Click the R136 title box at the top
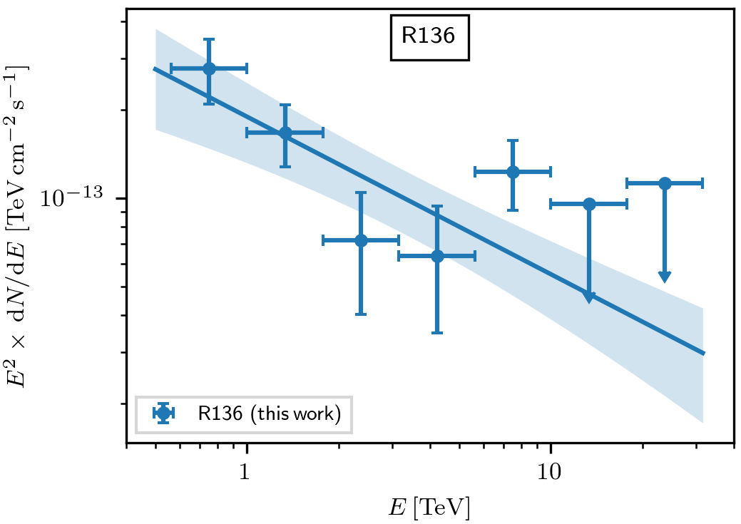[429, 37]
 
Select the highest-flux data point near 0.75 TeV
[209, 68]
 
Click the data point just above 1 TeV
[285, 133]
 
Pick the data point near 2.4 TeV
[361, 240]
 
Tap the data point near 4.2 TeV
[437, 256]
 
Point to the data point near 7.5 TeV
[513, 172]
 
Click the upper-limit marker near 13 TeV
[589, 204]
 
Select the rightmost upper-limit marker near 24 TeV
[665, 183]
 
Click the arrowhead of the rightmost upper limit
[665, 277]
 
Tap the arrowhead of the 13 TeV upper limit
[589, 297]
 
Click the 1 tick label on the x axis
[247, 473]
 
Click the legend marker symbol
[164, 413]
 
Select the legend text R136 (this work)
[269, 414]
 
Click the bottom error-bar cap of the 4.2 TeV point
[437, 332]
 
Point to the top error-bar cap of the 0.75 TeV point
[209, 40]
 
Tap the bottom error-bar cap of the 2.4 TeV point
[361, 314]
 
